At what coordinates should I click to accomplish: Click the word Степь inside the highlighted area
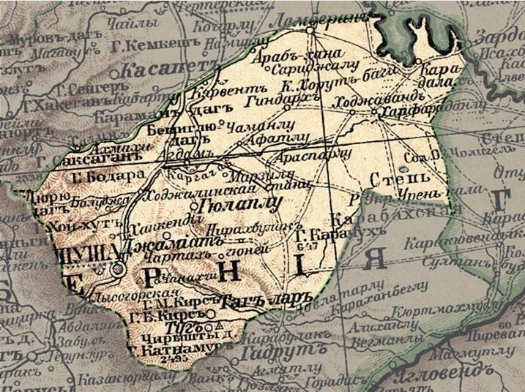tap(395, 178)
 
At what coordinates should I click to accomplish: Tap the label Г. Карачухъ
tap(319, 235)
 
